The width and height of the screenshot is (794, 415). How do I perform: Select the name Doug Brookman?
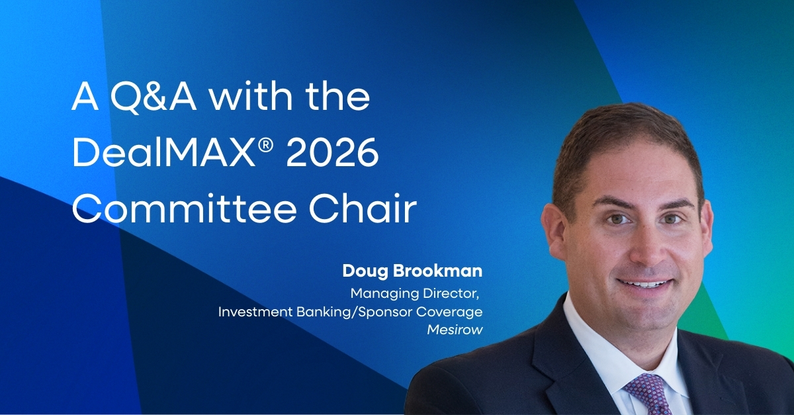click(x=412, y=271)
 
